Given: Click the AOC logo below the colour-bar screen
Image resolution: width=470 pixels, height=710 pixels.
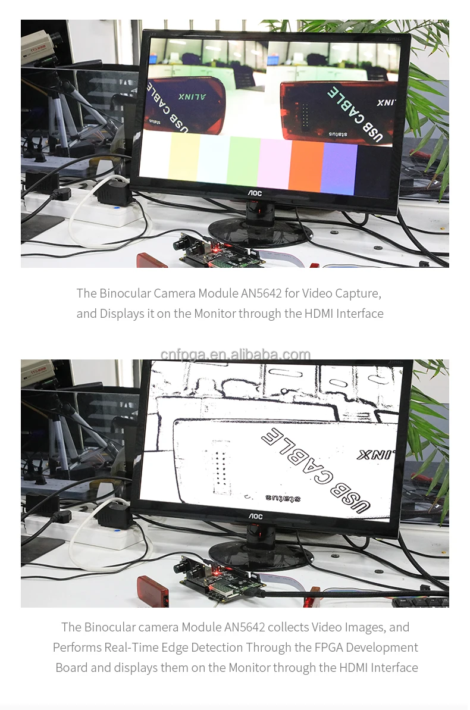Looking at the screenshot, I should point(255,193).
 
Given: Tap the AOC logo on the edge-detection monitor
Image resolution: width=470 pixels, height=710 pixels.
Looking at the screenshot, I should point(255,517).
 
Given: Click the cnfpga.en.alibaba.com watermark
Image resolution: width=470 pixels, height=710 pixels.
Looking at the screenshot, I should point(235,355).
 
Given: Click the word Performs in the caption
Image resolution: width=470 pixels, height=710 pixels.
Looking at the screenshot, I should point(77,648).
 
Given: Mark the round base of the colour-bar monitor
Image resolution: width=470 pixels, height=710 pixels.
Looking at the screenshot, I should point(261,231).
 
